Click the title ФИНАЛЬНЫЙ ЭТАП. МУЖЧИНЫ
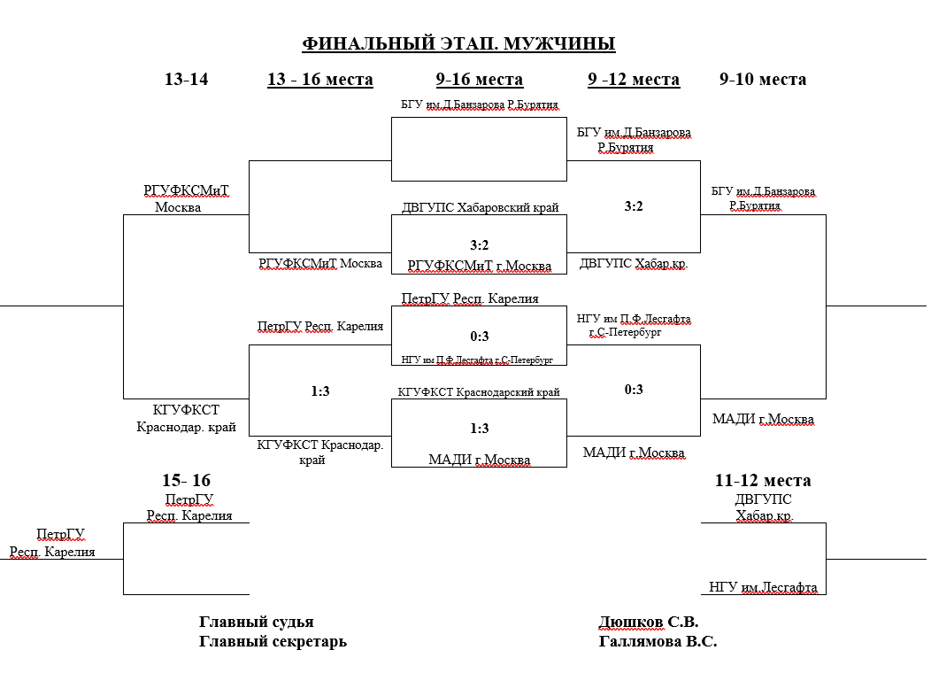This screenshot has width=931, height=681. click(458, 44)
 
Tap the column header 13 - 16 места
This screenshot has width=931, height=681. click(319, 80)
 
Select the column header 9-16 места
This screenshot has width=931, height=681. click(479, 80)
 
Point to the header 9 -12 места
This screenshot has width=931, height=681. click(634, 80)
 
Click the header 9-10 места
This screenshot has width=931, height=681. click(763, 80)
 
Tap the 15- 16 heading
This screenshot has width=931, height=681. click(186, 481)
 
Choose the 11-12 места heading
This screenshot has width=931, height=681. click(763, 481)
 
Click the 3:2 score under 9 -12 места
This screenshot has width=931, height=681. click(634, 206)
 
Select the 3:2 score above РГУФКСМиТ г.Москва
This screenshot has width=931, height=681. click(479, 245)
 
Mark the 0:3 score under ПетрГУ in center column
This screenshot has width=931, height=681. click(479, 337)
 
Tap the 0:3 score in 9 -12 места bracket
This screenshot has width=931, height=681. click(634, 389)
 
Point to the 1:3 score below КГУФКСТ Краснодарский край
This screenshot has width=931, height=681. click(479, 429)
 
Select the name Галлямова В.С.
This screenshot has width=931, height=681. click(658, 642)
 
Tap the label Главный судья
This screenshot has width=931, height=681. click(256, 623)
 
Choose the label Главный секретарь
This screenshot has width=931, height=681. click(273, 642)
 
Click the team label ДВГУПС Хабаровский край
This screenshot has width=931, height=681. click(480, 208)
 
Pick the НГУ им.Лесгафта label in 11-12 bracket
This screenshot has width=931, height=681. click(763, 587)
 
